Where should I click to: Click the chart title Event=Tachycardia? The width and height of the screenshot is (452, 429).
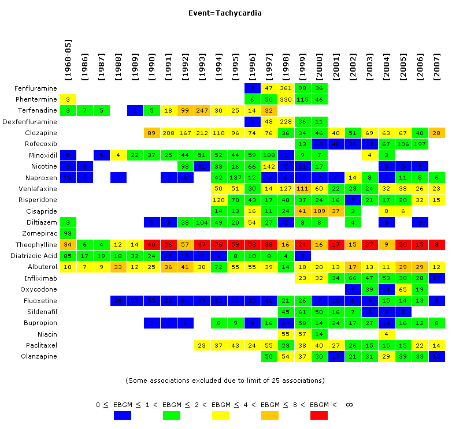[x=225, y=12]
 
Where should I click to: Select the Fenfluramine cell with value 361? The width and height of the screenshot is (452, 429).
[x=286, y=88]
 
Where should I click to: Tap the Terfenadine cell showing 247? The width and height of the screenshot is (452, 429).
[x=202, y=110]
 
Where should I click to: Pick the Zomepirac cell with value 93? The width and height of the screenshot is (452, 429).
[x=68, y=233]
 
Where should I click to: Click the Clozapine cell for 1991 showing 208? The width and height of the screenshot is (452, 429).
[x=168, y=133]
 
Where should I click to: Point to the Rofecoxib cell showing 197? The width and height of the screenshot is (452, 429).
[x=420, y=144]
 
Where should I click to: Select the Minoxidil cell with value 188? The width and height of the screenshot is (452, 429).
[x=269, y=155]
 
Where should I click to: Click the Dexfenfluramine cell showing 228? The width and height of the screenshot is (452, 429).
[x=286, y=122]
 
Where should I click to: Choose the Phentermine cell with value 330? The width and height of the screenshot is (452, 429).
[x=286, y=99]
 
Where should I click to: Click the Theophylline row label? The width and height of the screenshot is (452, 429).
[x=38, y=245]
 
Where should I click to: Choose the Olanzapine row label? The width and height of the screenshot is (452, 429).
[x=40, y=356]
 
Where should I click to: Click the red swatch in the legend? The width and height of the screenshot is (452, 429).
[x=318, y=415]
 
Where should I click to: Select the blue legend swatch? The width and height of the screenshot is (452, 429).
[x=122, y=415]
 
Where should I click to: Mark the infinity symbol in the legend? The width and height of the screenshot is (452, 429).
[x=349, y=405]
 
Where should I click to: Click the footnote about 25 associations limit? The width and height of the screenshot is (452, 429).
[x=225, y=380]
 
